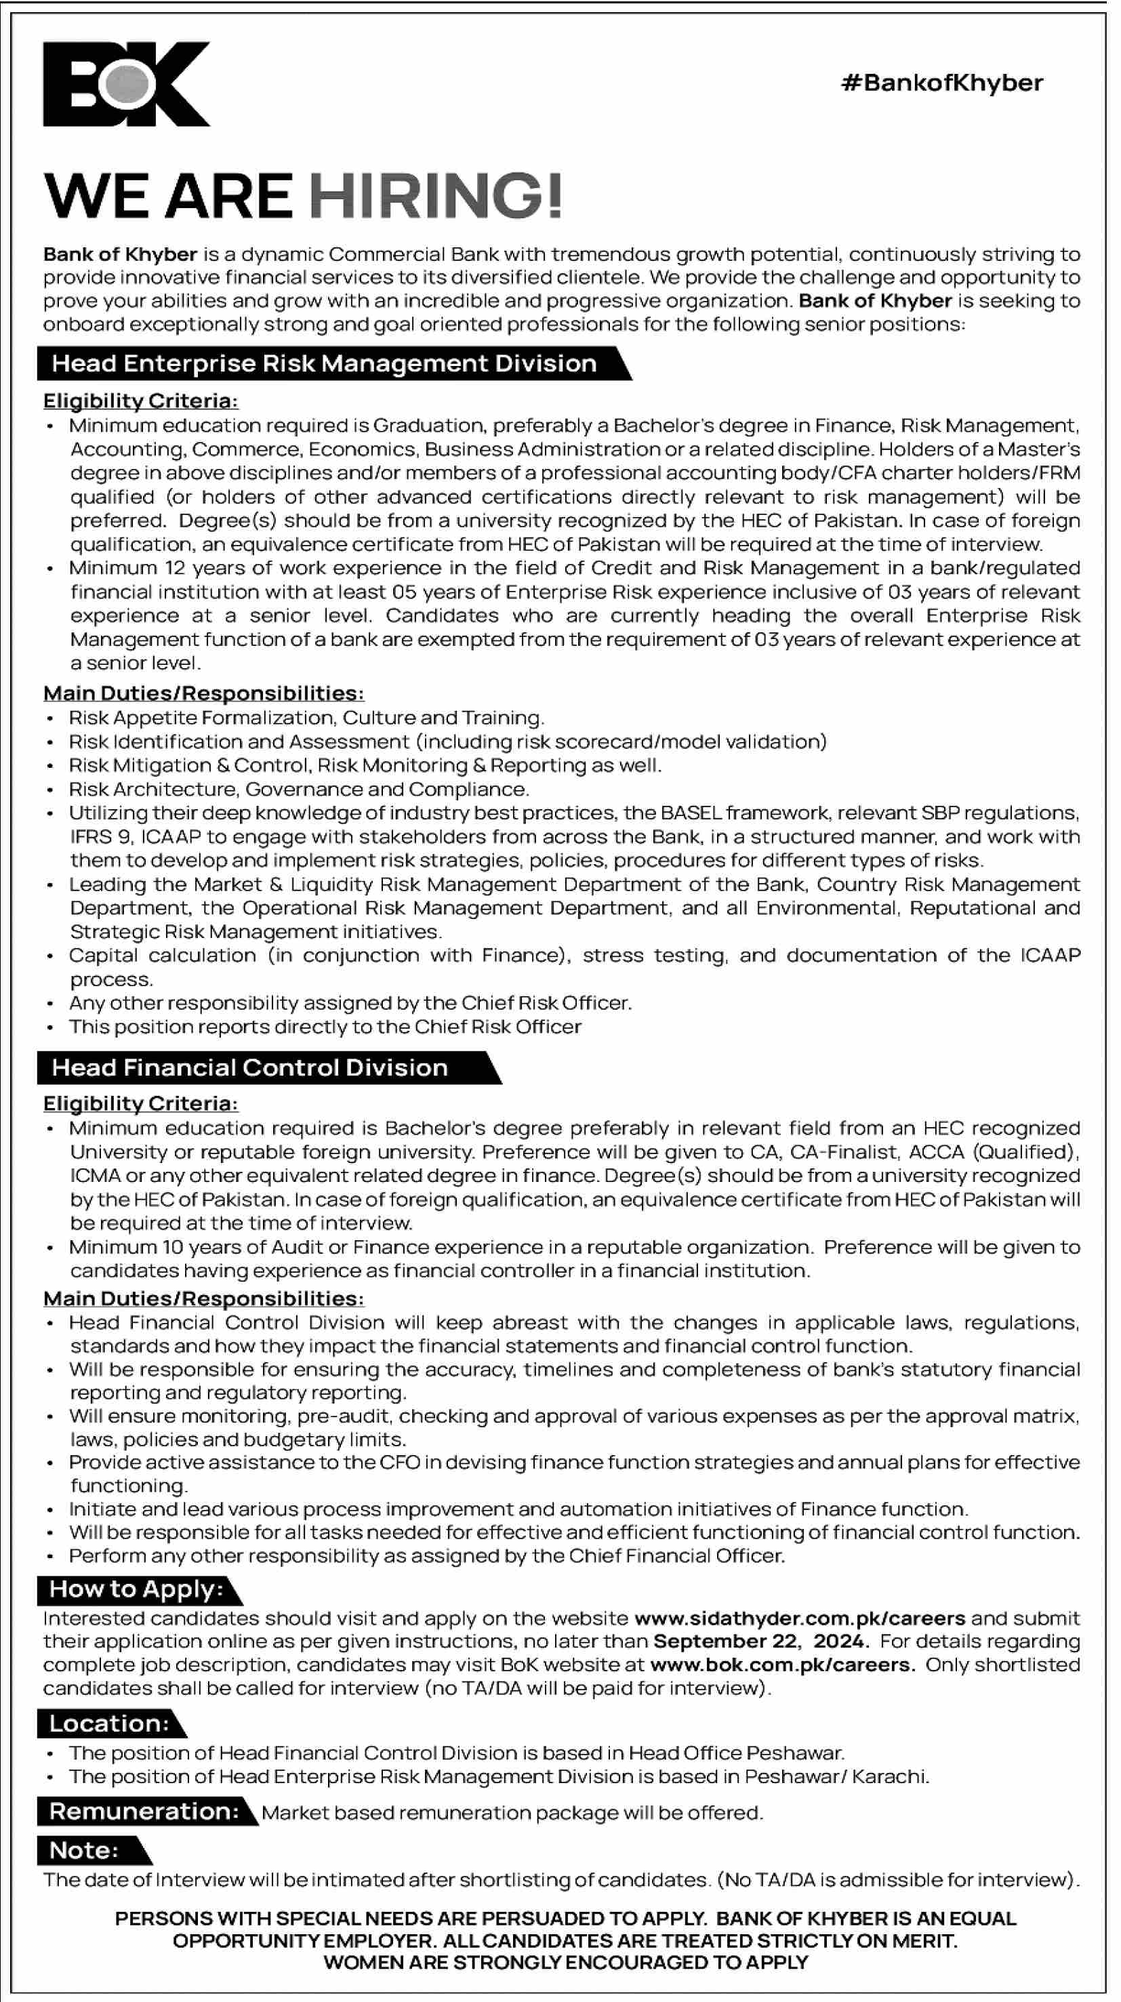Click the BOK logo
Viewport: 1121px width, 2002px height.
[x=127, y=84]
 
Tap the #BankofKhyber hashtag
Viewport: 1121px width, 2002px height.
[x=941, y=83]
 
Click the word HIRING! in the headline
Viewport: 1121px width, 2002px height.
[x=436, y=196]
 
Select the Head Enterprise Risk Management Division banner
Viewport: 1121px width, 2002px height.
[x=324, y=364]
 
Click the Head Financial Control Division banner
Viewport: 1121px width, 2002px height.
[x=250, y=1068]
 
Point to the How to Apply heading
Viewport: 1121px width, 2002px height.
[x=136, y=1589]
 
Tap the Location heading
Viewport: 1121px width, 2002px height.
[x=109, y=1723]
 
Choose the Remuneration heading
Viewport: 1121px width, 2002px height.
[x=144, y=1812]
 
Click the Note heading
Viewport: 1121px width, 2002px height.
[x=84, y=1850]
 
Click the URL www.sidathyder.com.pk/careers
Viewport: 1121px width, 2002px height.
[x=800, y=1618]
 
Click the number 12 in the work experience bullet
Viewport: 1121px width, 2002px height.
[x=175, y=568]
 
